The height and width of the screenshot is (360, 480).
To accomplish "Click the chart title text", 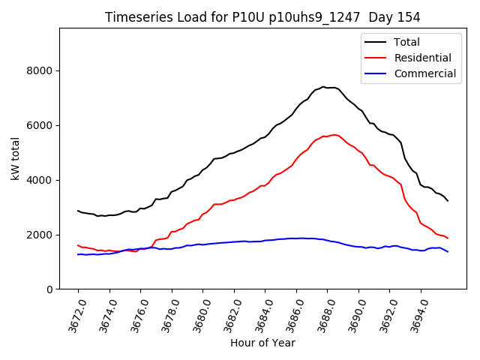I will tap(262, 17).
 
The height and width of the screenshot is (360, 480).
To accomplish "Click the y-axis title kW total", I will tap(15, 158).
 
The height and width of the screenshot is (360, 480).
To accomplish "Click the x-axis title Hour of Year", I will tap(262, 343).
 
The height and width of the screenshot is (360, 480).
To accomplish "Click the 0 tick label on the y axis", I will tap(49, 289).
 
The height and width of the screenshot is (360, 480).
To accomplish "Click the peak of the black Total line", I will tap(323, 87).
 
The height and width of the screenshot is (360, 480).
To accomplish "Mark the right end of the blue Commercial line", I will tap(448, 251).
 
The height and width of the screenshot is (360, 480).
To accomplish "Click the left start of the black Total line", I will tap(78, 211).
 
